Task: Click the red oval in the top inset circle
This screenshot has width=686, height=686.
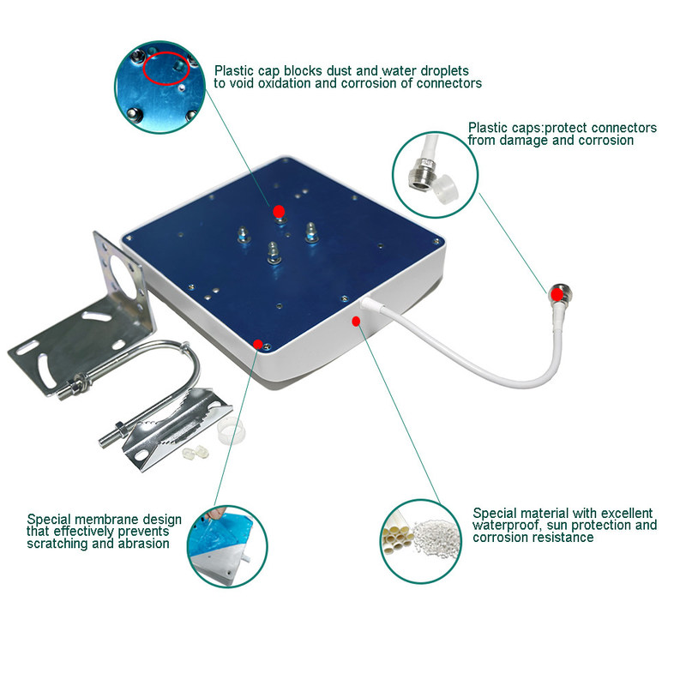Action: pyautogui.click(x=166, y=69)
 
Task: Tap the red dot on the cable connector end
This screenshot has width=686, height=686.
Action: pyautogui.click(x=557, y=294)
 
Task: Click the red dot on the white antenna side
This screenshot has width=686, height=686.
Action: pyautogui.click(x=356, y=322)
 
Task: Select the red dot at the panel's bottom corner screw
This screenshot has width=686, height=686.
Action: pyautogui.click(x=258, y=344)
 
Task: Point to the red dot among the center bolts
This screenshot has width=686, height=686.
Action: pyautogui.click(x=280, y=212)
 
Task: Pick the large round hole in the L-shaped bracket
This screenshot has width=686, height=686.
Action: pyautogui.click(x=123, y=273)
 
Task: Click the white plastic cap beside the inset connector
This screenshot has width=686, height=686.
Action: pyautogui.click(x=445, y=189)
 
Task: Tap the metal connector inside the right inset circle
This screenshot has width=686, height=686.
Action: pyautogui.click(x=421, y=173)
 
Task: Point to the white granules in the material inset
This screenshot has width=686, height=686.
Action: pyautogui.click(x=436, y=537)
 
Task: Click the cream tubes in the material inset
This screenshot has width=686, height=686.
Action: pyautogui.click(x=397, y=535)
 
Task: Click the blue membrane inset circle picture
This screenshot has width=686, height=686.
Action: pyautogui.click(x=227, y=546)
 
